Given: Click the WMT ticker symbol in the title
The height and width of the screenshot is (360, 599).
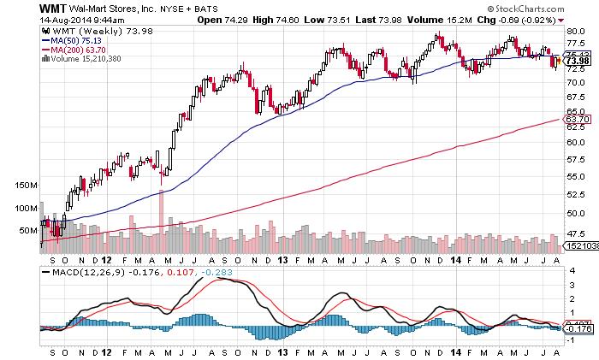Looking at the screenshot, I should [x=19, y=7].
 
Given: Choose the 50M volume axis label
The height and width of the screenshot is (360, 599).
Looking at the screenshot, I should [x=28, y=231].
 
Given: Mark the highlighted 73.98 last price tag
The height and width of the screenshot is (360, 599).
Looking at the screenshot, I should [x=578, y=61].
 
